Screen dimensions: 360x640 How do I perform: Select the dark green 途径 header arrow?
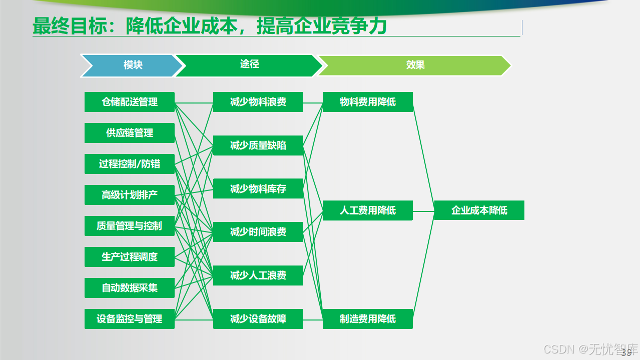(249, 65)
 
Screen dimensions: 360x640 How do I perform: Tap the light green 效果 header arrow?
(415, 65)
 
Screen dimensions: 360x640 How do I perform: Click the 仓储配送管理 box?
(130, 102)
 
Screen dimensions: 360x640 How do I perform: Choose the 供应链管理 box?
(130, 133)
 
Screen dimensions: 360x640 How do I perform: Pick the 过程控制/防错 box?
(130, 164)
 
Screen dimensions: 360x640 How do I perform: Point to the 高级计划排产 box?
(130, 195)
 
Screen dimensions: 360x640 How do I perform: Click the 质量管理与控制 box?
(130, 226)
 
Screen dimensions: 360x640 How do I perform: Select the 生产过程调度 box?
(130, 257)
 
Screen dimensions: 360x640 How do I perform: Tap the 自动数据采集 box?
(130, 288)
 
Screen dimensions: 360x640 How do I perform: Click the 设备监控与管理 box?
(130, 319)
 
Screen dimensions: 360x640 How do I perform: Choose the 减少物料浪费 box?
(258, 102)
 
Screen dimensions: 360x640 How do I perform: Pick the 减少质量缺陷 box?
(258, 145)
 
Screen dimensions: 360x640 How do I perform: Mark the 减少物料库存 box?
(258, 188)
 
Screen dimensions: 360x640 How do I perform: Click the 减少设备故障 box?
(258, 319)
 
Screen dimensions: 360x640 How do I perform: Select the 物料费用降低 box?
(368, 102)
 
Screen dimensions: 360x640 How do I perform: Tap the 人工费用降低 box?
(368, 210)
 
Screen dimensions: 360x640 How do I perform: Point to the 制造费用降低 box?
(368, 319)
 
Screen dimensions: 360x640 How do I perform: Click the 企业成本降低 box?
(479, 210)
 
